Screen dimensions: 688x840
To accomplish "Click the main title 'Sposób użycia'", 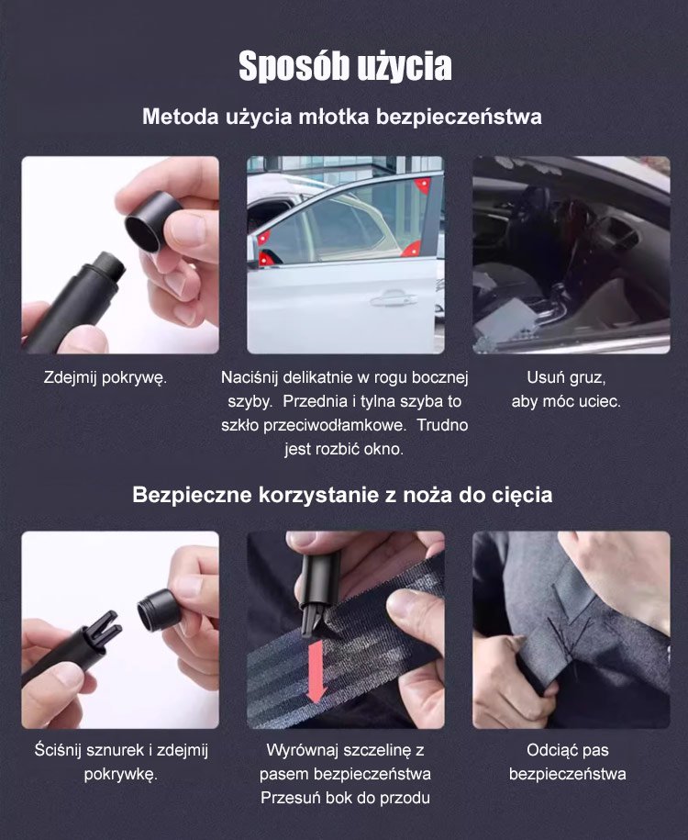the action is click(345, 66).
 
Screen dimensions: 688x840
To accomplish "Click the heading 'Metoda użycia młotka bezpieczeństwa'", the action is click(342, 117).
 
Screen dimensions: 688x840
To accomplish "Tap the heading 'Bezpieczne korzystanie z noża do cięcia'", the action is click(342, 495).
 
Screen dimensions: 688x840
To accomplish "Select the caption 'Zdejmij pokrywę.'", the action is click(105, 377).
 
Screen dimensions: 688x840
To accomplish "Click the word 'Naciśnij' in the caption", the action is click(250, 377).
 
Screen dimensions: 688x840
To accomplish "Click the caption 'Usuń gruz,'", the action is click(566, 377).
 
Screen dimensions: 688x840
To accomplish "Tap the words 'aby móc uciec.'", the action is click(566, 401).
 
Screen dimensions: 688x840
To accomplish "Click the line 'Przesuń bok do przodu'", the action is click(345, 798).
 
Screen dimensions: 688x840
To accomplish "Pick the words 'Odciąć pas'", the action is click(568, 750).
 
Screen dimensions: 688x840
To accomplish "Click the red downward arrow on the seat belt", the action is click(316, 671).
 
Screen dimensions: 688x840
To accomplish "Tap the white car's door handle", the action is click(394, 299).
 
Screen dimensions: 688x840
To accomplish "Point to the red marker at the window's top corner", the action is click(423, 185).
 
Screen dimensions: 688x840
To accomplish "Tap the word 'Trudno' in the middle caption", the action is click(443, 425).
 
